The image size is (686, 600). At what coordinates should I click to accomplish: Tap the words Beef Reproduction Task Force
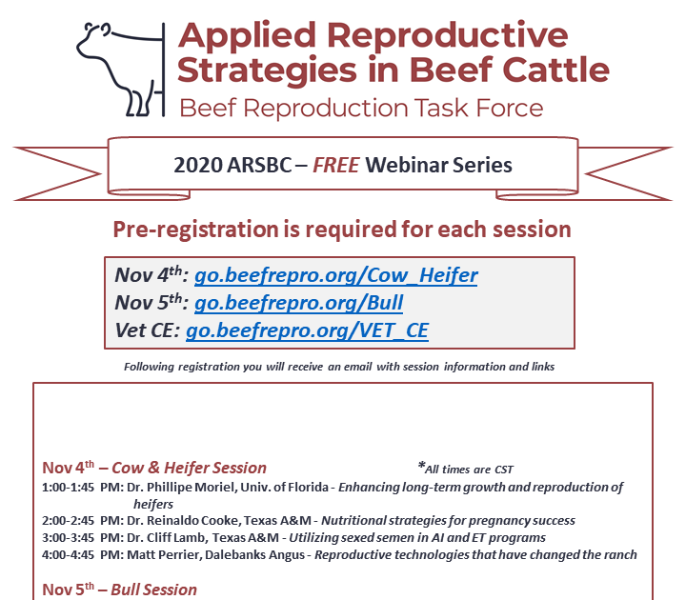361,106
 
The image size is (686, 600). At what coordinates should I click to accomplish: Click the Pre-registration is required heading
342,230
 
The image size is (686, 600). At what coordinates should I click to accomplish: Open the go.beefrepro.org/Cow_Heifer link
336,276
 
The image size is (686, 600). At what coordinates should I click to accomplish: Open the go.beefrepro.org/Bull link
298,304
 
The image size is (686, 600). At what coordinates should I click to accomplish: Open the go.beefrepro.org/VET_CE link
307,331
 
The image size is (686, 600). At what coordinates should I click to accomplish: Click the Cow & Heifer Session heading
189,468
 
